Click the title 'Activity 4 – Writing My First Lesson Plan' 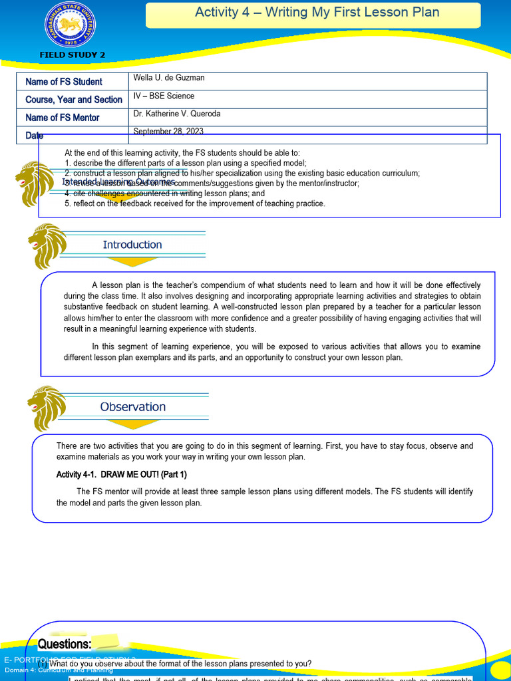pos(317,13)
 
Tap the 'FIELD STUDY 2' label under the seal pos(73,55)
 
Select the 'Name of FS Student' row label pos(64,82)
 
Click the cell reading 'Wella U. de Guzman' pos(169,78)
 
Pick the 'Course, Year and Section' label pos(74,100)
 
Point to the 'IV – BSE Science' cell pos(164,96)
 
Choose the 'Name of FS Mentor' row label pos(63,118)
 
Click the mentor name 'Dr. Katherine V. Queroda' pos(177,114)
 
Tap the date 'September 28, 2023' pos(168,132)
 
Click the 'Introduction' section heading pos(132,245)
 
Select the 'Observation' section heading pos(133,407)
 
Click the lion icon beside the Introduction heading pos(47,245)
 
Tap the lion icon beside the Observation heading pos(47,407)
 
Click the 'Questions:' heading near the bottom pos(65,644)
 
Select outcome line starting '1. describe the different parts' pos(186,163)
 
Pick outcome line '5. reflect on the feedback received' pos(195,204)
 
